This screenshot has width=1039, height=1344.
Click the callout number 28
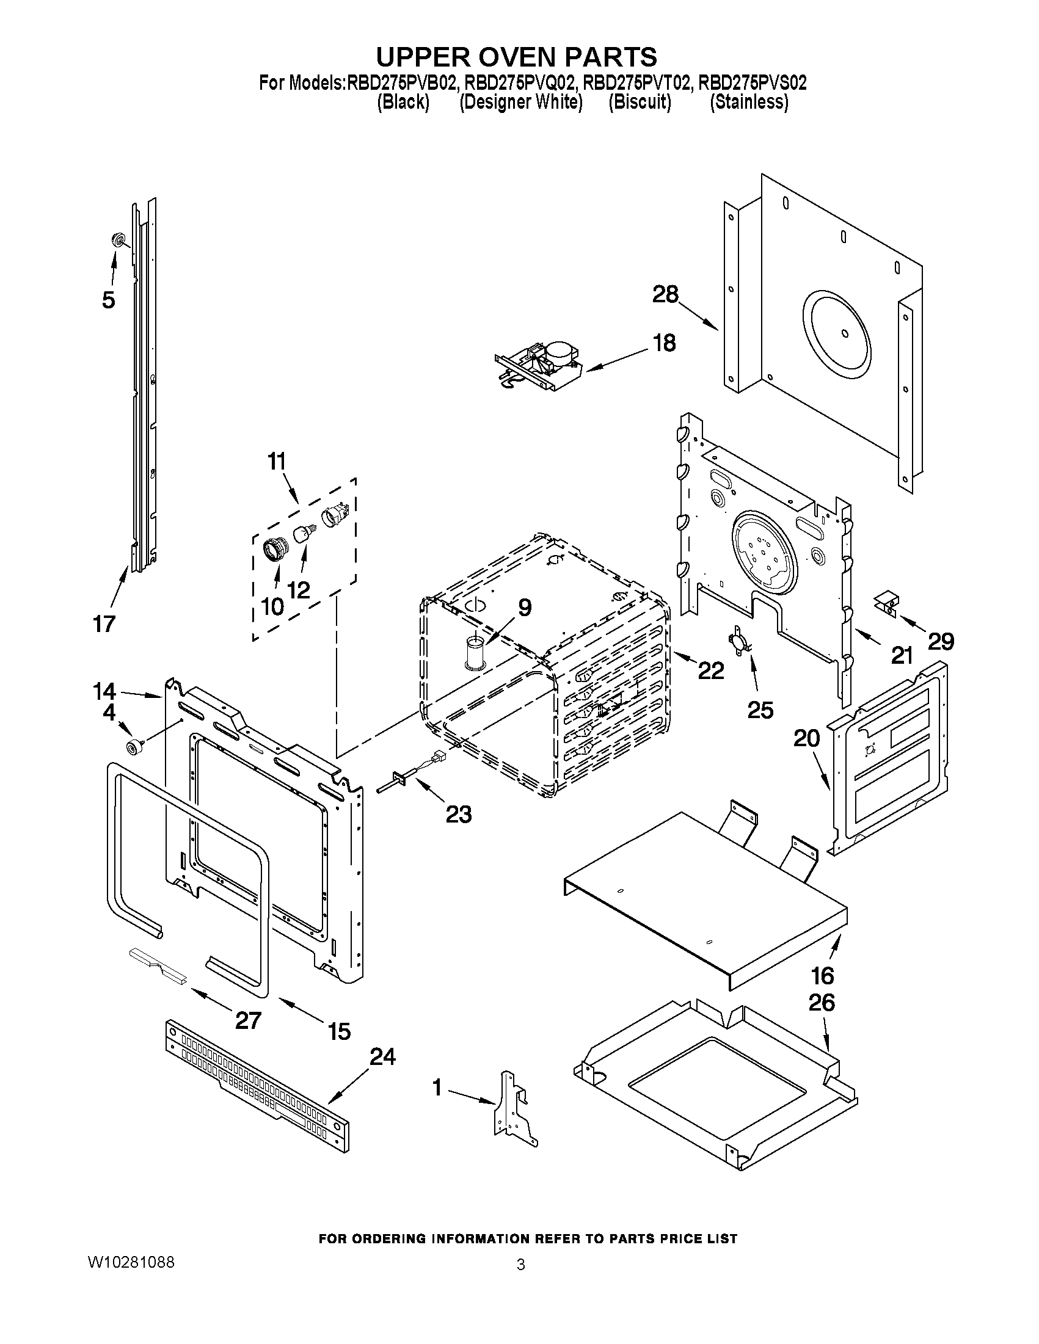click(x=665, y=295)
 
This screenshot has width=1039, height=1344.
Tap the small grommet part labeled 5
click(x=117, y=239)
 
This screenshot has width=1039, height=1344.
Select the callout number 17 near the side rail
click(x=104, y=624)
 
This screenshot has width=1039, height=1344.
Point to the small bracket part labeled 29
click(x=887, y=601)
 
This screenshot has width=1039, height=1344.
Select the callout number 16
click(x=822, y=975)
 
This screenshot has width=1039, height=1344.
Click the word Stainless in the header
click(x=748, y=102)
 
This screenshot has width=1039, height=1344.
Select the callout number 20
click(x=806, y=738)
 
